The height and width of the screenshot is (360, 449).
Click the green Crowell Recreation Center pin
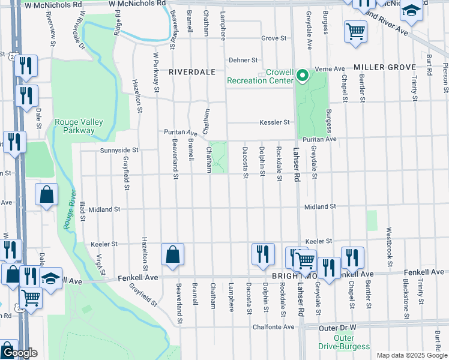303,76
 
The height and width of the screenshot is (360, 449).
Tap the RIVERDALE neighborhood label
191,71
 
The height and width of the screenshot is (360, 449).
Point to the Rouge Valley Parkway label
79,126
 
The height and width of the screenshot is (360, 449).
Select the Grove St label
274,38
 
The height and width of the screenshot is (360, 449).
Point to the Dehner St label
243,61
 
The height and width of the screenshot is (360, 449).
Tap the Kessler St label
274,122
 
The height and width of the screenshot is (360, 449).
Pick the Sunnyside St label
119,150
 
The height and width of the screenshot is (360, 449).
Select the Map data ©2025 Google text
411,355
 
